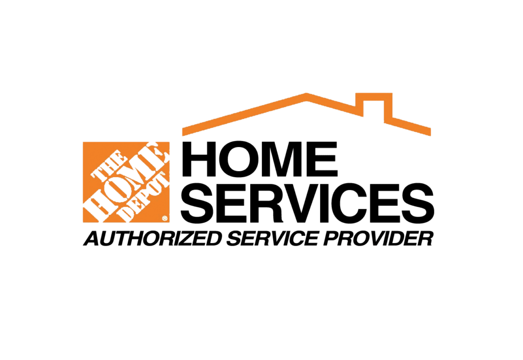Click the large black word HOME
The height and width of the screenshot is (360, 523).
(260, 159)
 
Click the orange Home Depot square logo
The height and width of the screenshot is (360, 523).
(126, 182)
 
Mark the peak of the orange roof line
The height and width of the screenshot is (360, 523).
(306, 95)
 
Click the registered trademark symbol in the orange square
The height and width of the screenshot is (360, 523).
(165, 219)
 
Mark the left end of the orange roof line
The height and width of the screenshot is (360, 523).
(182, 132)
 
